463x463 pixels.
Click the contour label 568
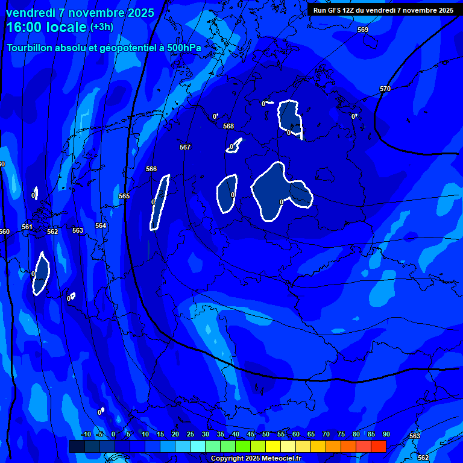[228, 126]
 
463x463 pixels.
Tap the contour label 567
[185, 147]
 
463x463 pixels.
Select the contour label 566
[151, 169]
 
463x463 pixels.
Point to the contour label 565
[124, 196]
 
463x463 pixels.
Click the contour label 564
[101, 225]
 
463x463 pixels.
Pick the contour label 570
[385, 89]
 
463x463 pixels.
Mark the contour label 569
[362, 30]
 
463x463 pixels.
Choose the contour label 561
[27, 227]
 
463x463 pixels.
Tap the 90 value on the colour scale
[386, 434]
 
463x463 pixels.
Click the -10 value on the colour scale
[86, 434]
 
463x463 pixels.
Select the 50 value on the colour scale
[265, 434]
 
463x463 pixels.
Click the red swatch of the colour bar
[378, 446]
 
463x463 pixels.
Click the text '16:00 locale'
[47, 27]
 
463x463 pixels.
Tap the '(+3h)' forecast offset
[101, 27]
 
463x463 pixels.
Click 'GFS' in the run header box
[335, 10]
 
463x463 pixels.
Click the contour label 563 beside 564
[78, 230]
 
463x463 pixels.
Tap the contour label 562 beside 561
[52, 231]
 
